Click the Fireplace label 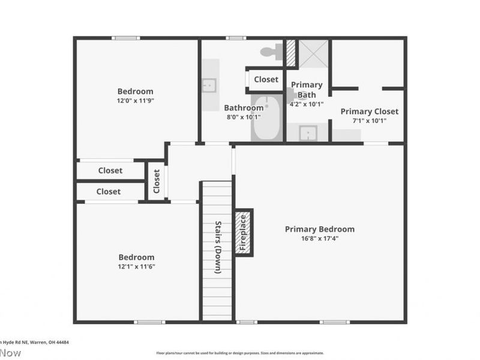[x=243, y=232]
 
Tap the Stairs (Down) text [x=218, y=247]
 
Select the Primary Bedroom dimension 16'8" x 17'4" [x=319, y=238]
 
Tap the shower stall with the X [x=314, y=54]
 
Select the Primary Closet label [x=369, y=111]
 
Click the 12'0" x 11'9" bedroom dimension [x=135, y=101]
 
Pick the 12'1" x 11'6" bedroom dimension [x=136, y=266]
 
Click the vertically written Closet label [x=157, y=181]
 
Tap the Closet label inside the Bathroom [x=266, y=79]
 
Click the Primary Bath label [x=307, y=89]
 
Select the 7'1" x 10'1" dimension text [x=369, y=121]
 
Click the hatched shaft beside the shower [x=290, y=53]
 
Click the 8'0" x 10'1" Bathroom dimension [x=244, y=118]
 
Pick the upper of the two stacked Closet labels [x=110, y=170]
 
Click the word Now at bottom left [x=10, y=353]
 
